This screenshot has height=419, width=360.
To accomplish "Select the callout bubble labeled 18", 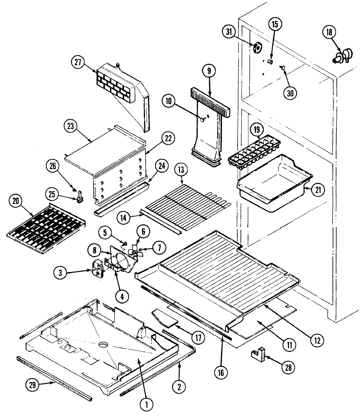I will (x=329, y=32).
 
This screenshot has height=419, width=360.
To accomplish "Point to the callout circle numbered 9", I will (x=209, y=70).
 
